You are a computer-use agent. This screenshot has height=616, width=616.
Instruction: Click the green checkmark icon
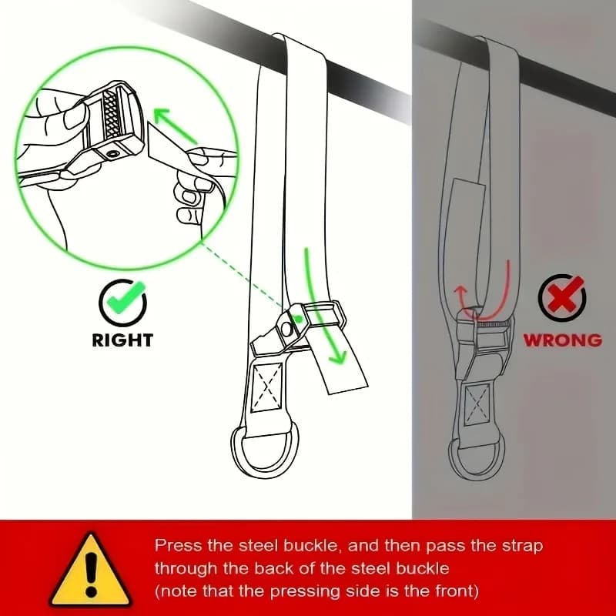tap(122, 302)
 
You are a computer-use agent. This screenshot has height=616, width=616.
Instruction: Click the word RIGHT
tap(122, 340)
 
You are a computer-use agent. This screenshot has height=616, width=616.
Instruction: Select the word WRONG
tap(563, 340)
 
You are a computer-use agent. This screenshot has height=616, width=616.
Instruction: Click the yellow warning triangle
tap(91, 571)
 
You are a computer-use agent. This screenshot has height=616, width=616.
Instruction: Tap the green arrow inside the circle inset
tap(176, 126)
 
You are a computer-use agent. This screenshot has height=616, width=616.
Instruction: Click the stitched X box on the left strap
tap(266, 387)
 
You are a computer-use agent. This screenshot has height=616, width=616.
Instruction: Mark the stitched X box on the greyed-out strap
tap(477, 405)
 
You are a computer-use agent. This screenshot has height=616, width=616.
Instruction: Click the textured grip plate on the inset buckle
tap(112, 113)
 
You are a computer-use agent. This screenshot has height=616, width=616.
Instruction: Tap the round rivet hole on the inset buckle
tap(113, 153)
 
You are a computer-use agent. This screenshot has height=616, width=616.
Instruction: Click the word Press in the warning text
tap(178, 546)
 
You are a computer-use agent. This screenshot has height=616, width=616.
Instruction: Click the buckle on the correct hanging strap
tap(299, 326)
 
